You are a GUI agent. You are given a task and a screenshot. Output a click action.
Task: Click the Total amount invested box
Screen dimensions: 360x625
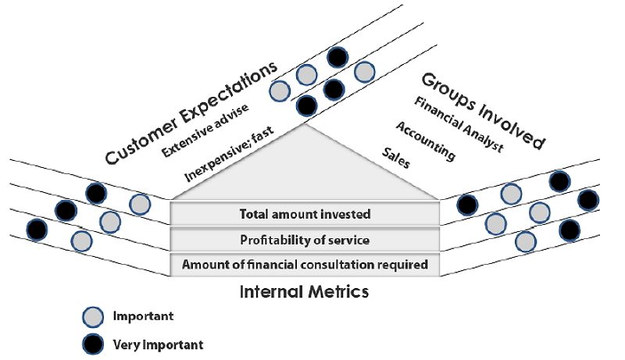pos(305,213)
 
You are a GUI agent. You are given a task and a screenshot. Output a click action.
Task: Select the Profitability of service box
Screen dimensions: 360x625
pos(305,239)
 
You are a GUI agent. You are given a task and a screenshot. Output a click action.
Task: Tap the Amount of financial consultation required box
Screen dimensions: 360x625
pos(305,265)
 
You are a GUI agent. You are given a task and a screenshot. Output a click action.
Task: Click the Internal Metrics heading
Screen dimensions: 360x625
pos(303,293)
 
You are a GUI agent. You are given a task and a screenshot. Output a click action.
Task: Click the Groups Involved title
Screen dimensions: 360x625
pos(483,110)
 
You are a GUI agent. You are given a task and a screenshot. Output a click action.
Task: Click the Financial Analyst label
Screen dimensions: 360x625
pos(459,124)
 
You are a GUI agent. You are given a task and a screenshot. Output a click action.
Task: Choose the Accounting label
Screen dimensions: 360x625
pos(426,141)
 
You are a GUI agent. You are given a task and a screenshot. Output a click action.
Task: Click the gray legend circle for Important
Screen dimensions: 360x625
pos(92,317)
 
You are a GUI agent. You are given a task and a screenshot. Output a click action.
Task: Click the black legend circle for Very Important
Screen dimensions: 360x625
pos(92,343)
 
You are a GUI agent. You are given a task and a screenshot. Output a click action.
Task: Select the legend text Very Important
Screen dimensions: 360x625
pos(158,344)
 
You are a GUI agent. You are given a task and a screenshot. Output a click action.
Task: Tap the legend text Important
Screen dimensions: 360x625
pos(143,317)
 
